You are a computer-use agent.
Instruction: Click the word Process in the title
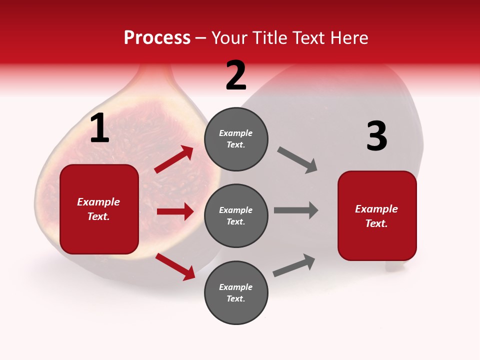point(157,38)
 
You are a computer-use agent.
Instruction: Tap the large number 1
point(99,128)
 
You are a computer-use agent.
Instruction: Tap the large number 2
point(236,75)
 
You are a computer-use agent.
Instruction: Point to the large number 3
point(376,136)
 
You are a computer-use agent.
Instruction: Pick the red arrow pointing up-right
point(174,159)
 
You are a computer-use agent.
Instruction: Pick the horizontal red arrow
point(175,211)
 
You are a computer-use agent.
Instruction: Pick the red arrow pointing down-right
point(175,266)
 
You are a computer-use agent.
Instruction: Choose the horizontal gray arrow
point(296,210)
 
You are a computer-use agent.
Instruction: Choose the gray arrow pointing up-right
point(294,265)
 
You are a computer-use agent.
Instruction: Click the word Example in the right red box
point(376,209)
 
